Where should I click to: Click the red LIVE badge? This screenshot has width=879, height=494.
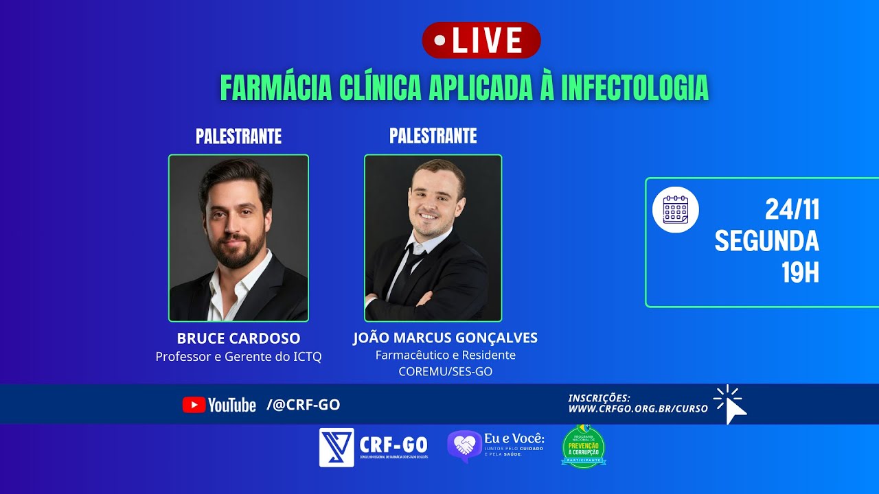481,40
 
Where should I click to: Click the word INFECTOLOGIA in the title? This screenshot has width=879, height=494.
635,88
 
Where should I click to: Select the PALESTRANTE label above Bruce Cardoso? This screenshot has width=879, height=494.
238,137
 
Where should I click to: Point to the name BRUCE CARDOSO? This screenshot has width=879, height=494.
238,338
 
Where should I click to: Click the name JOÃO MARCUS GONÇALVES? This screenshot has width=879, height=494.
445,338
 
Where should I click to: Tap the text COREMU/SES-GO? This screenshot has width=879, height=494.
445,372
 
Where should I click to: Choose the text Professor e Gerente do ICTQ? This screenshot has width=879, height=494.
238,357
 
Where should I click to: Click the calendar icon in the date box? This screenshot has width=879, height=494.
675,210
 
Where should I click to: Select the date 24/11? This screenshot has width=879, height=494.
792,210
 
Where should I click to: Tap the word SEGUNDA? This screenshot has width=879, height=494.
766,242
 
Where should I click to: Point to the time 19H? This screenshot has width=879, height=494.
800,273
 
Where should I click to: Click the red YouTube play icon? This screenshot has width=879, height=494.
194,405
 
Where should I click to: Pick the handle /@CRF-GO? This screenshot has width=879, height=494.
303,405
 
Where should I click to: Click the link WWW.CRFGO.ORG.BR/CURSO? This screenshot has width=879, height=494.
637,409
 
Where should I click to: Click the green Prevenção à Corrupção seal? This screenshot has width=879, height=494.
583,447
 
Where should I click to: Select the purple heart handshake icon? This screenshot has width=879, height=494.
464,446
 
